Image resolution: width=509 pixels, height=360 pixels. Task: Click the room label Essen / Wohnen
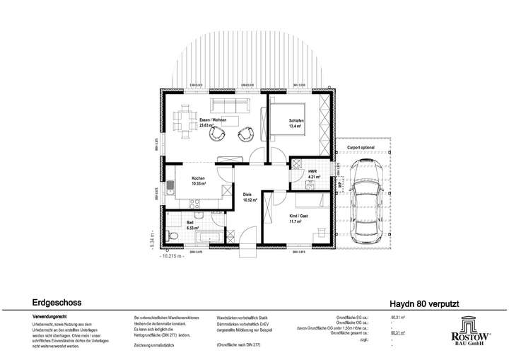pyautogui.click(x=213, y=120)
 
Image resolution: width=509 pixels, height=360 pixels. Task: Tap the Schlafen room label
pyautogui.click(x=296, y=122)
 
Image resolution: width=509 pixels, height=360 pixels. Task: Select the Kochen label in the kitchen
pyautogui.click(x=198, y=178)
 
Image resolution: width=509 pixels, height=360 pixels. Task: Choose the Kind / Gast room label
pyautogui.click(x=299, y=216)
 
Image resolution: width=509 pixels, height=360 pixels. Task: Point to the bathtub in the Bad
pyautogui.click(x=209, y=237)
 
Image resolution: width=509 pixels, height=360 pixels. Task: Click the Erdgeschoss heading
pyautogui.click(x=56, y=302)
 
